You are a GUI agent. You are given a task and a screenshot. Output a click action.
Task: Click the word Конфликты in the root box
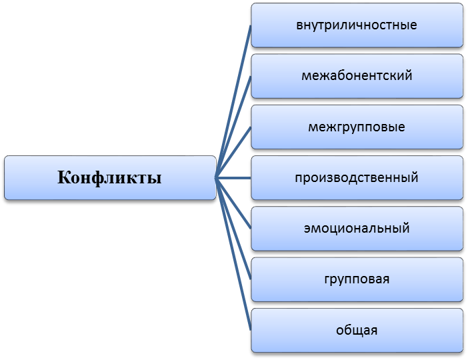(x=109, y=177)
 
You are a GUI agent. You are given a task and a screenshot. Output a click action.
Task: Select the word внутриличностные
(x=357, y=25)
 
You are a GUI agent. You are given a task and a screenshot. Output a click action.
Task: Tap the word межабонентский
(x=357, y=75)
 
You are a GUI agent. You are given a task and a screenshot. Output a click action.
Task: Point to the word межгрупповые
(x=357, y=127)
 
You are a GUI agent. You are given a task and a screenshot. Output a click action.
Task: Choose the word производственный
(x=357, y=177)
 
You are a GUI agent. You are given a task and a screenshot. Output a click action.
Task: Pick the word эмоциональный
(x=357, y=229)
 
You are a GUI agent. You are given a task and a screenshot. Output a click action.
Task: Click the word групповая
(x=357, y=279)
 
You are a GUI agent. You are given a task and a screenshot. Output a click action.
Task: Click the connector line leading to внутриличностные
(x=233, y=101)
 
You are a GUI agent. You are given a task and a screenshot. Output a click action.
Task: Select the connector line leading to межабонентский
(x=233, y=127)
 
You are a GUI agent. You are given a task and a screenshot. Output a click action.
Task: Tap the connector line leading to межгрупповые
(x=233, y=153)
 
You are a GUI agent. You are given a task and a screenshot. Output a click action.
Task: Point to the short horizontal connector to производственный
(x=233, y=178)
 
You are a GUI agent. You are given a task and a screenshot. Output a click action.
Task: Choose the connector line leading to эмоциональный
(x=233, y=203)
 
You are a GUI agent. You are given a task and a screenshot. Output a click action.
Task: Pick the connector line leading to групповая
(x=233, y=229)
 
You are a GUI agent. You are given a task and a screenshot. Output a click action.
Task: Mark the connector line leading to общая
(x=233, y=254)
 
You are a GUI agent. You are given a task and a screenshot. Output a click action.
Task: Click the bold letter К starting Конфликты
(x=63, y=177)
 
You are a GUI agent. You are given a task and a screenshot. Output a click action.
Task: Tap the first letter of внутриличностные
(x=299, y=26)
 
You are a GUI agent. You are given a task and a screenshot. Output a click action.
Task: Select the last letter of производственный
(x=415, y=177)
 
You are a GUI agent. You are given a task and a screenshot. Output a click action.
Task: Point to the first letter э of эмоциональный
(x=307, y=229)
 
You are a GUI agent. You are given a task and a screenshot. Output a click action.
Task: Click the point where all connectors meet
(x=216, y=178)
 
